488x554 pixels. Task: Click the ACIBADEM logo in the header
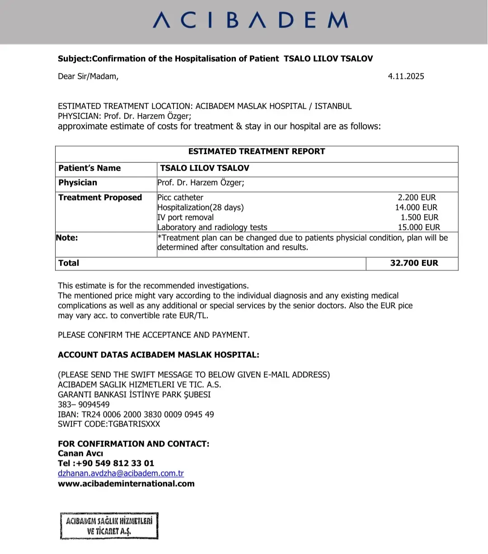[250, 20]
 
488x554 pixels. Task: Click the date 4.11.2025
[406, 76]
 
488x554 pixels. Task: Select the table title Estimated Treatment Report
[257, 152]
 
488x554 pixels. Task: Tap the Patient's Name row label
[89, 168]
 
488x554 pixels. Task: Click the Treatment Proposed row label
[100, 198]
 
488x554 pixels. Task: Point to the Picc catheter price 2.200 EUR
[417, 198]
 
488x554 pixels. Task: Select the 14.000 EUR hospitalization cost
[416, 208]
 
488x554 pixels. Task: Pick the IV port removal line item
[185, 218]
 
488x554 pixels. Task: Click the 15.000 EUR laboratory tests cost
[418, 227]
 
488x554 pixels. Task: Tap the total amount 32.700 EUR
[414, 263]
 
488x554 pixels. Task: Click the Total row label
[69, 263]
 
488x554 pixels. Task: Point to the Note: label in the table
[67, 238]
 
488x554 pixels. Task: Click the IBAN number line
[136, 414]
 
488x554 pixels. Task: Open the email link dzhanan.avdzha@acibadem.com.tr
[121, 474]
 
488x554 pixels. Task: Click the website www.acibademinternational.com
[126, 483]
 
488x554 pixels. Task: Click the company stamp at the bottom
[109, 526]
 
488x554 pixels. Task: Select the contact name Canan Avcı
[80, 454]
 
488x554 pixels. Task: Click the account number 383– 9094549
[84, 404]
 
